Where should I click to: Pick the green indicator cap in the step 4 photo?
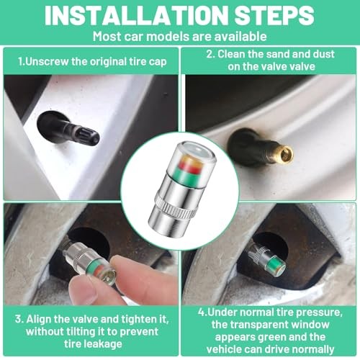click(266, 260)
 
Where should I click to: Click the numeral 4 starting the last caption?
click(201, 312)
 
